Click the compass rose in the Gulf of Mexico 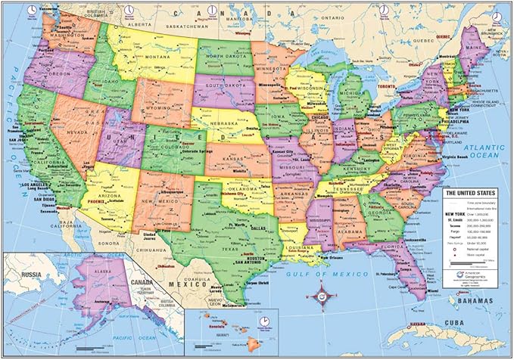[x=322, y=294]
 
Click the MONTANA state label [x=157, y=57]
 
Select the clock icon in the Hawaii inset [x=264, y=321]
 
